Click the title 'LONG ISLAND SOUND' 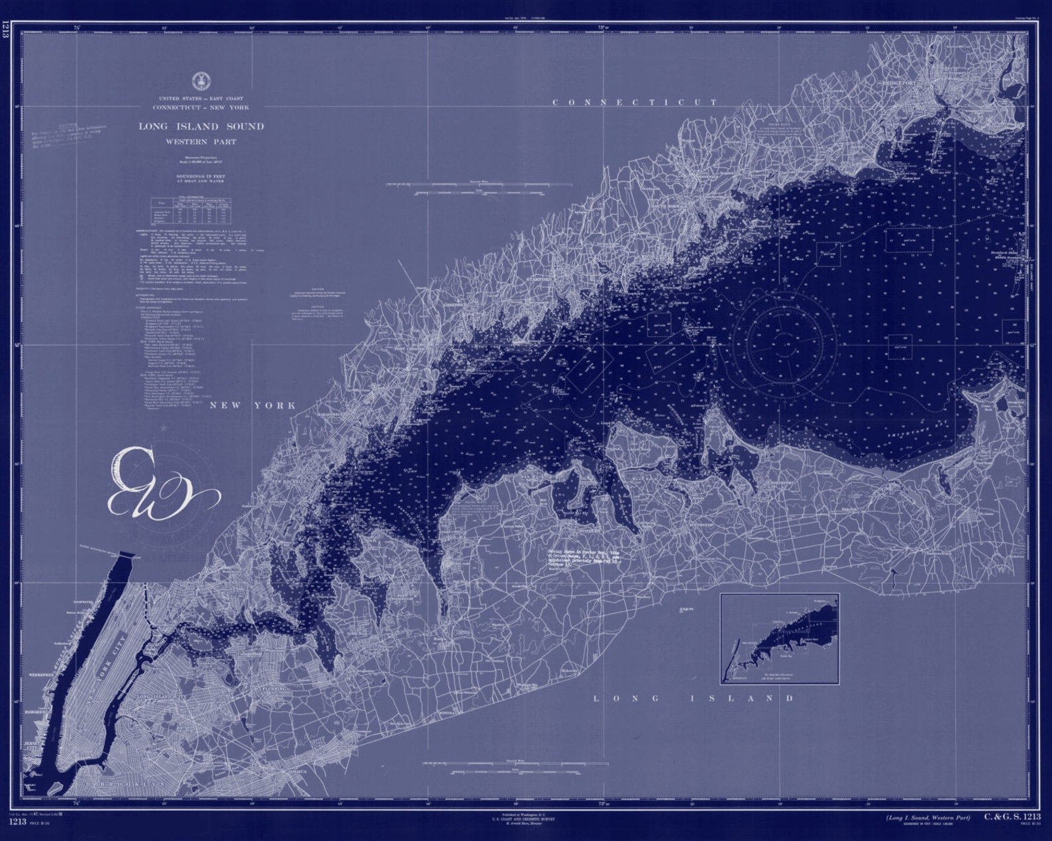pyautogui.click(x=201, y=126)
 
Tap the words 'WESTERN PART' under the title pyautogui.click(x=201, y=142)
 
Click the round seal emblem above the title pyautogui.click(x=197, y=81)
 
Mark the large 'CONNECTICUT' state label pyautogui.click(x=635, y=103)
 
